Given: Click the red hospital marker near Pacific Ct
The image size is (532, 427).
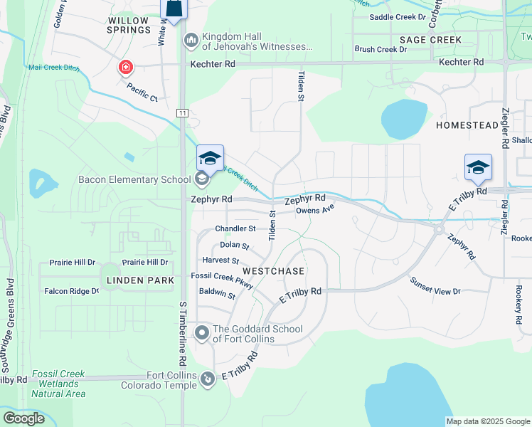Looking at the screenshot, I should [x=125, y=67].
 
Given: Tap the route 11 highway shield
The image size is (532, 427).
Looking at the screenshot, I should [x=182, y=113].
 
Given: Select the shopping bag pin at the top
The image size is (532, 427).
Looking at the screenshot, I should [x=174, y=8].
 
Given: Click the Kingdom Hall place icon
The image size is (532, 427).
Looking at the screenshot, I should [x=191, y=41].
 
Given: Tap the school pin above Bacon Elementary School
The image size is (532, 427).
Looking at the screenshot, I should [x=211, y=158].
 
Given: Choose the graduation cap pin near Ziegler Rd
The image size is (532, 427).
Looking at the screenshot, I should [x=478, y=167].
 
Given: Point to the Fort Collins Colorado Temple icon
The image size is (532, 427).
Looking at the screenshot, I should [x=207, y=380].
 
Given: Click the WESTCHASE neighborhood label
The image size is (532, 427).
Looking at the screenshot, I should [x=273, y=272].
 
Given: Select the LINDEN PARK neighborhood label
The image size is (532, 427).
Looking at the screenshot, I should [x=140, y=281].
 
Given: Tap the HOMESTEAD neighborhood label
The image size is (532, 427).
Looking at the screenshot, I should [x=467, y=125].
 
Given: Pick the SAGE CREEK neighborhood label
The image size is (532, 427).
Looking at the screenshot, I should [x=430, y=40].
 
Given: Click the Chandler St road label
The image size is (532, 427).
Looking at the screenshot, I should [x=235, y=228].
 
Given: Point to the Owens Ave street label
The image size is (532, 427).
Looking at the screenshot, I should [x=314, y=211].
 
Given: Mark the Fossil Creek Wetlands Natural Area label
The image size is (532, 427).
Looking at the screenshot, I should [x=58, y=384].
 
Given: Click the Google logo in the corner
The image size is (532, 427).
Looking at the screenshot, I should [x=23, y=418].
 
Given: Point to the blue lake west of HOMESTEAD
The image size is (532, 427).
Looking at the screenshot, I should [x=403, y=118].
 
